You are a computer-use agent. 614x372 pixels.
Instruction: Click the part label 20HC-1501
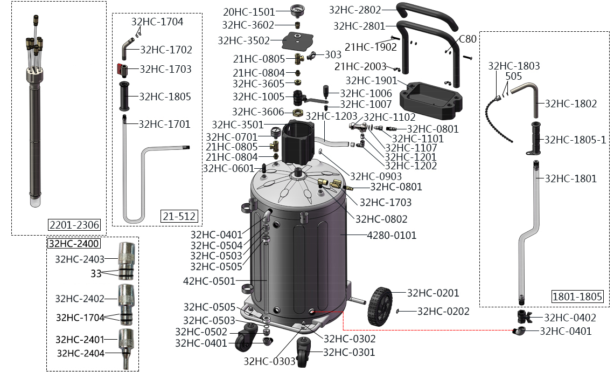(x=249, y=11)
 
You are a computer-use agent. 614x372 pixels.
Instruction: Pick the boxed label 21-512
(x=179, y=216)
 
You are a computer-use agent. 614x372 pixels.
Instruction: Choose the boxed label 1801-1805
(x=577, y=296)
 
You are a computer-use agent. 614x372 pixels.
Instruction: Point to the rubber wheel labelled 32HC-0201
(x=381, y=306)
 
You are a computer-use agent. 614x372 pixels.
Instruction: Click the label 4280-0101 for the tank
(x=392, y=235)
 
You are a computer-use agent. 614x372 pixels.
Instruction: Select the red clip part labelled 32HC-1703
(x=121, y=69)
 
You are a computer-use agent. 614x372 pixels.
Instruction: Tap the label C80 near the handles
(x=468, y=39)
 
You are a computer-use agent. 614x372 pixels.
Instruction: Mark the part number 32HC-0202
(x=443, y=311)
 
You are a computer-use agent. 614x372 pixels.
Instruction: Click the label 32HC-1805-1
(x=575, y=140)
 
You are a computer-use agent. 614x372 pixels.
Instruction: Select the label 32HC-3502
(x=243, y=40)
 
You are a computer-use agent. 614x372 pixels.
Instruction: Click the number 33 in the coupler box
(x=96, y=273)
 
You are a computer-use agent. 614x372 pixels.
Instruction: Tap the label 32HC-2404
(x=80, y=353)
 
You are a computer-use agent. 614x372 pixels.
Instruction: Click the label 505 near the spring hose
(x=513, y=76)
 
